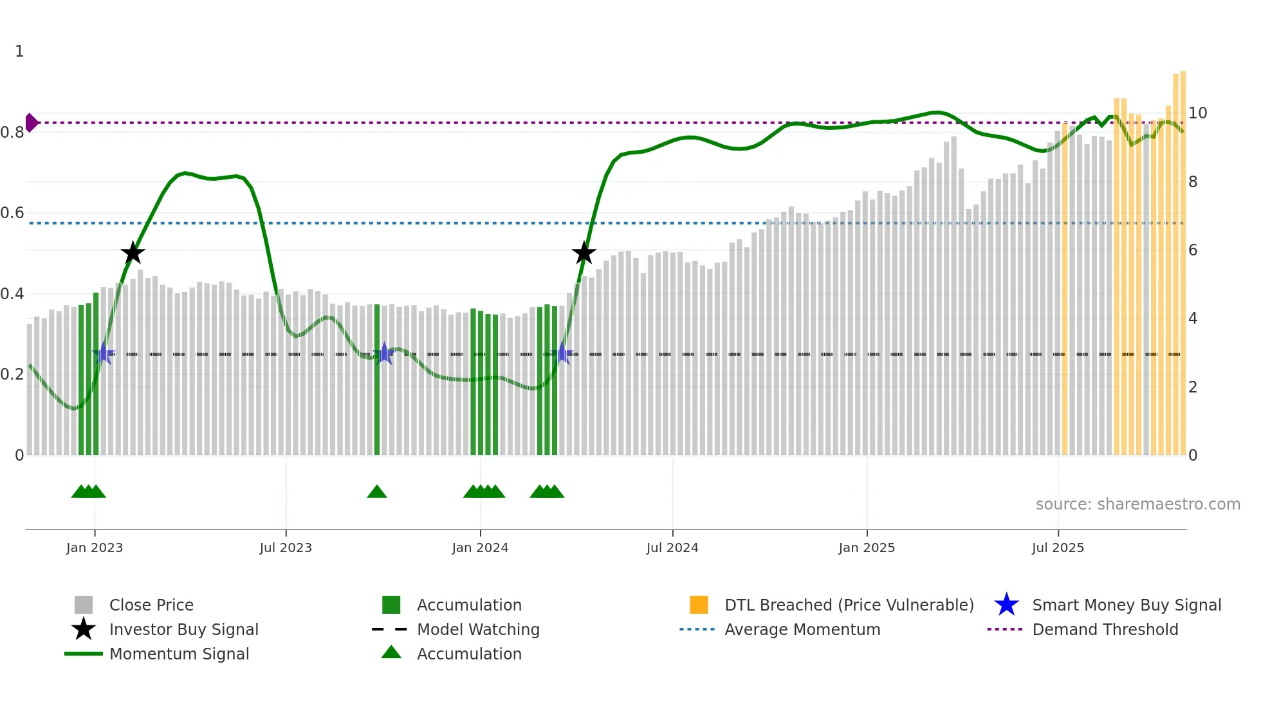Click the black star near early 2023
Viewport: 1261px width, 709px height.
pyautogui.click(x=133, y=253)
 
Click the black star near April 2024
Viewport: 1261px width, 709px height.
pyautogui.click(x=584, y=253)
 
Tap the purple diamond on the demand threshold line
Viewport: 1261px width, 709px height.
pyautogui.click(x=31, y=122)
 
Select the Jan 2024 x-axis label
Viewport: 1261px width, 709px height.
pyautogui.click(x=480, y=548)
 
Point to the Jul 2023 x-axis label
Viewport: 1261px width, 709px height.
pyautogui.click(x=286, y=548)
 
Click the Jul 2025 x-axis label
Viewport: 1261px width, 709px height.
pyautogui.click(x=1058, y=548)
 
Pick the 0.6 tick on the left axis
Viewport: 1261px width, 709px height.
pyautogui.click(x=12, y=213)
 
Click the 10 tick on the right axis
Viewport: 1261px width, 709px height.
pyautogui.click(x=1197, y=113)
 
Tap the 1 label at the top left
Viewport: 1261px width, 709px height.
pyautogui.click(x=19, y=51)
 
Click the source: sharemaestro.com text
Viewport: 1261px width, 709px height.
pyautogui.click(x=1137, y=504)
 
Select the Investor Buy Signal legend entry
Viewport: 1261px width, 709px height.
pyautogui.click(x=183, y=629)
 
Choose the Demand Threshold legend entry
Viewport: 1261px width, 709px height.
pyautogui.click(x=1105, y=629)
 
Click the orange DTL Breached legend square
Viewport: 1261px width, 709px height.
pyautogui.click(x=699, y=605)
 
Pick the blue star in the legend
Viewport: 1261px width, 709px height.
pyautogui.click(x=1006, y=605)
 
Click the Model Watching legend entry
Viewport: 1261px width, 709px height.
pyautogui.click(x=477, y=629)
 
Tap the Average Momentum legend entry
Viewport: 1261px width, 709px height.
pyautogui.click(x=802, y=629)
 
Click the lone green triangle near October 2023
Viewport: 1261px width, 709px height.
pyautogui.click(x=377, y=492)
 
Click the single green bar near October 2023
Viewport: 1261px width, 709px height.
pyautogui.click(x=377, y=380)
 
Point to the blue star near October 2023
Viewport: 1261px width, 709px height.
pyautogui.click(x=384, y=353)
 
